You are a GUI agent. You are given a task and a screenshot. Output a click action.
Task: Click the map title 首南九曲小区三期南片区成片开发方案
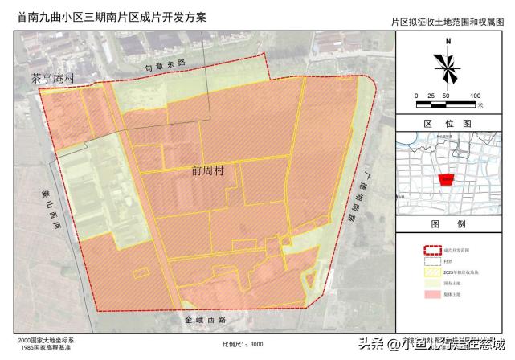[100, 14]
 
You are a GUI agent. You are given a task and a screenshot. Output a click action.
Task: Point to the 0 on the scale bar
[416, 96]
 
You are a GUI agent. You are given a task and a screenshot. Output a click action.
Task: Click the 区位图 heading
[443, 124]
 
